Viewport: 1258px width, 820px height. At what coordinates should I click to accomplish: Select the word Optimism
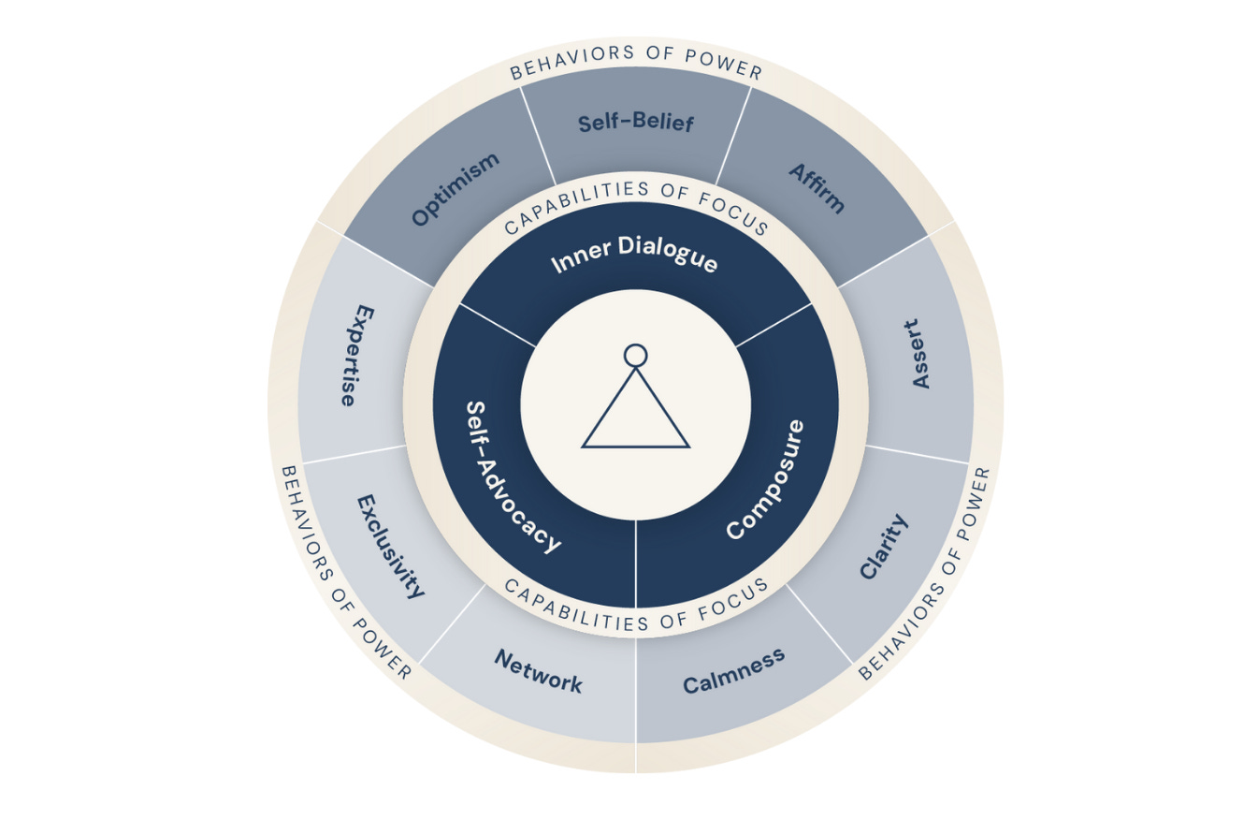point(455,189)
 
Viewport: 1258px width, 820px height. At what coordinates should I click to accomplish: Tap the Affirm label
point(817,187)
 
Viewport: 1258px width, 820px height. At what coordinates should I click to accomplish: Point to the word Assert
point(921,354)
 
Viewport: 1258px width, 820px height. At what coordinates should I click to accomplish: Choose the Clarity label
point(883,546)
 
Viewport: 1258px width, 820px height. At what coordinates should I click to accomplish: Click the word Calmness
point(733,670)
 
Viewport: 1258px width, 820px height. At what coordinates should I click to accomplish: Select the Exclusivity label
point(391,546)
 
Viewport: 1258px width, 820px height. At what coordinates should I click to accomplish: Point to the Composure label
point(765,479)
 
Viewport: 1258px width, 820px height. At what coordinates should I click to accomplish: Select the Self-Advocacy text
point(513,477)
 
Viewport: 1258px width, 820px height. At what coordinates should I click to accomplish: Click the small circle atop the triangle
point(636,355)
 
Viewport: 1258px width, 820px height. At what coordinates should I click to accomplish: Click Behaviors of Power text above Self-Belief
point(636,57)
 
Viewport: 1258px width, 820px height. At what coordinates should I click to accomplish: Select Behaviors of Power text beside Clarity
point(924,574)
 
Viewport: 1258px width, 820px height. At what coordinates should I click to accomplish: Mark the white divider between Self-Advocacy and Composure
point(636,562)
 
